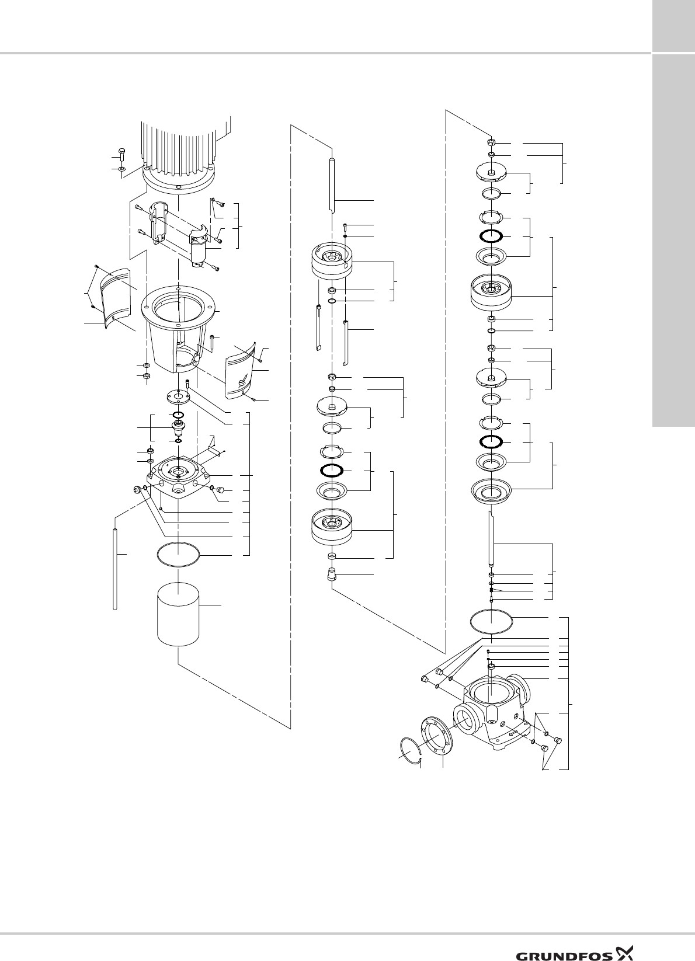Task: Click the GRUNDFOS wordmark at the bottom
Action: (564, 939)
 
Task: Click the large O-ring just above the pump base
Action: (492, 621)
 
